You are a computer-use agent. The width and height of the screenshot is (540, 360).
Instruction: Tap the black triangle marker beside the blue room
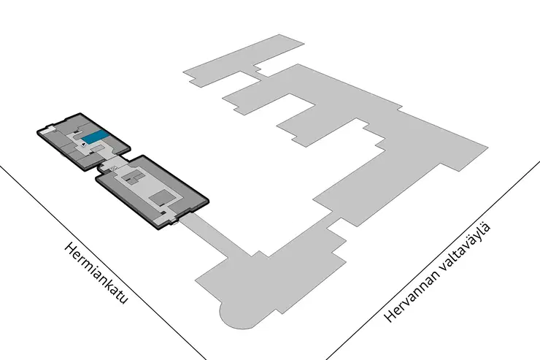pos(83,145)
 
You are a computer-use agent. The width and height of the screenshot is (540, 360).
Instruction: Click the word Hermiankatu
pos(96,273)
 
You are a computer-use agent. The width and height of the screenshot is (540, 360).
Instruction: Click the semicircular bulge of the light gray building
pos(238,316)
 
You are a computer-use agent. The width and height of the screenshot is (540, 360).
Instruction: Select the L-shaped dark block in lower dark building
pos(134,177)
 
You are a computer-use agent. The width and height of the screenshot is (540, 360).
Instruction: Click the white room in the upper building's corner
pos(47,129)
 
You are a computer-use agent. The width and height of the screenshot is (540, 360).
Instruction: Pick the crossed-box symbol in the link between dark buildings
pos(113,168)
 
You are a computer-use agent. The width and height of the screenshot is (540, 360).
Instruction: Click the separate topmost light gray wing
pos(243,61)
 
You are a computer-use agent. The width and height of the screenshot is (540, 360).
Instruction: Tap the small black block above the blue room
pos(75,133)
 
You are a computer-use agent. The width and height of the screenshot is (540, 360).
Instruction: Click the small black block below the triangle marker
pos(92,152)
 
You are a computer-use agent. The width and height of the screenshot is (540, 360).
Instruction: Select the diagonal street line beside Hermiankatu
pos(103,262)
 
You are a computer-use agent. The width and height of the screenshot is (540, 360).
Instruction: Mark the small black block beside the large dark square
pos(161,204)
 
